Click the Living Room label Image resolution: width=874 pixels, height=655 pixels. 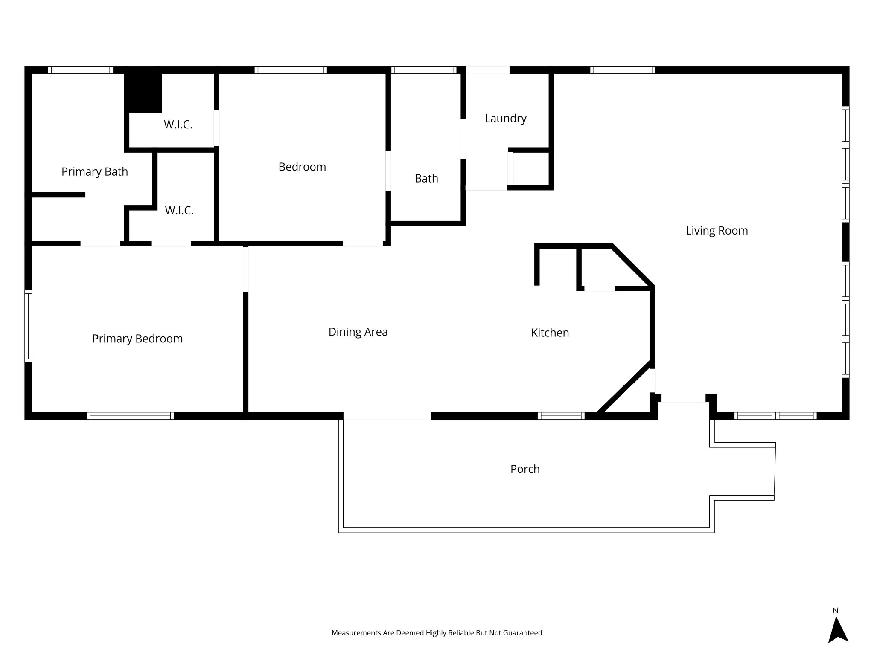(717, 231)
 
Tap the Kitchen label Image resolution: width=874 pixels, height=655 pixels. (550, 333)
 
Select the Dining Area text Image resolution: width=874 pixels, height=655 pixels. (358, 332)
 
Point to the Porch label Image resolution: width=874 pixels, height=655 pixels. (525, 469)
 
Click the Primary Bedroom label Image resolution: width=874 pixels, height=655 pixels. (137, 339)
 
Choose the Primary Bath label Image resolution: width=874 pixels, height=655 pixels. (94, 172)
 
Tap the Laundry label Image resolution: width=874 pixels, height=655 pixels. (505, 119)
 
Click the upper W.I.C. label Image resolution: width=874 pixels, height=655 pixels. (178, 125)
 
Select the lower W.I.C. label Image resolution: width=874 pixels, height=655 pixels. (179, 211)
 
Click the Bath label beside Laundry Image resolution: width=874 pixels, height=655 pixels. (426, 179)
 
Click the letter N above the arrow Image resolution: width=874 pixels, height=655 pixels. (835, 611)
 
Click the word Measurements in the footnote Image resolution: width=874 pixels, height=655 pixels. (356, 633)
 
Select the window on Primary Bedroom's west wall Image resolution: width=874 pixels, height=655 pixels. (28, 326)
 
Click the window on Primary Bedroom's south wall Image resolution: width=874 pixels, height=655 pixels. (130, 416)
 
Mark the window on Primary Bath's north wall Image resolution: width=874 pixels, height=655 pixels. (80, 70)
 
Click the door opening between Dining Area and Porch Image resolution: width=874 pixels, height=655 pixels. (387, 416)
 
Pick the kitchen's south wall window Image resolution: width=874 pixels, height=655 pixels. (561, 416)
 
